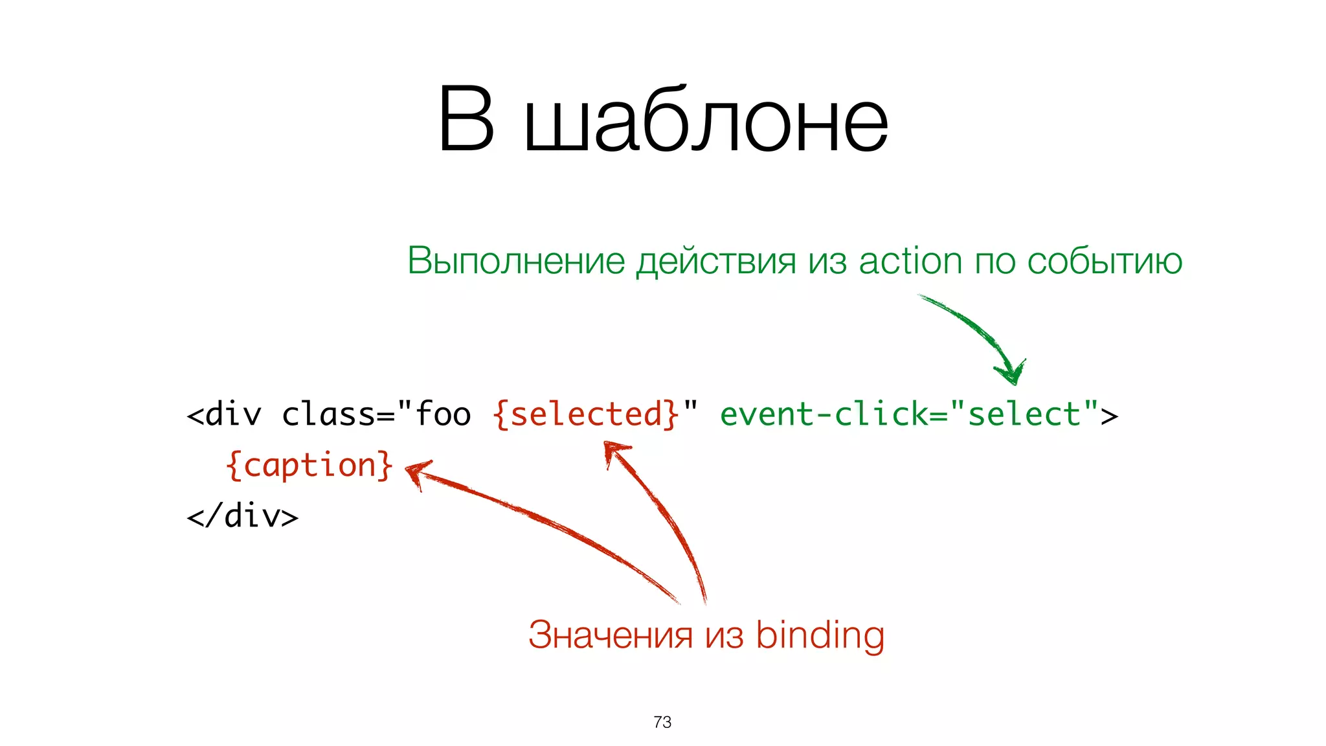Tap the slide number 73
click(662, 722)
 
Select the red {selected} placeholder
click(586, 414)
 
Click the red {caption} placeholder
click(309, 465)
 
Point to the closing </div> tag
click(242, 516)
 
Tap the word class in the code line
click(329, 414)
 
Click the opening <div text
click(224, 414)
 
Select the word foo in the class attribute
click(443, 414)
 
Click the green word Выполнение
click(515, 261)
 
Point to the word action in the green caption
click(910, 261)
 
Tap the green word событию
click(1105, 261)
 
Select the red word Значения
click(610, 635)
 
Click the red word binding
click(820, 635)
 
